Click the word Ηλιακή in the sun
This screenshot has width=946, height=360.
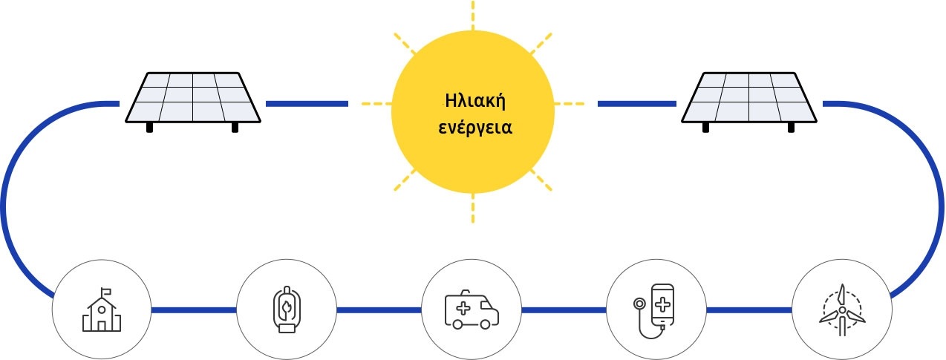click(x=475, y=101)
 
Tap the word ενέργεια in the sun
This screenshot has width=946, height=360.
click(x=475, y=128)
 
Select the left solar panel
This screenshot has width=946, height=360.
click(x=193, y=102)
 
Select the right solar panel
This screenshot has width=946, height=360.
click(x=749, y=102)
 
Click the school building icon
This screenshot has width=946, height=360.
click(x=101, y=310)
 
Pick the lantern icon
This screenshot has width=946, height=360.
click(x=287, y=310)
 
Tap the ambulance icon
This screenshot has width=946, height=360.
click(x=472, y=310)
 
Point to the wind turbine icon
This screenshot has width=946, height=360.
click(x=842, y=310)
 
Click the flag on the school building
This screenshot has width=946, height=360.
click(x=106, y=291)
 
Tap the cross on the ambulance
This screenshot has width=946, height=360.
click(x=463, y=308)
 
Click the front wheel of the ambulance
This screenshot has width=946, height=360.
click(x=486, y=324)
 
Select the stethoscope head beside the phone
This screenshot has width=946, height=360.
click(x=639, y=304)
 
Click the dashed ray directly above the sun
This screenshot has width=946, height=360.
click(x=472, y=15)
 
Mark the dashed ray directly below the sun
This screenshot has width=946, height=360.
click(x=472, y=209)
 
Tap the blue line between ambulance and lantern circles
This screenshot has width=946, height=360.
click(x=379, y=310)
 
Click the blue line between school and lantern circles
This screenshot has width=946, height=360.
click(x=193, y=310)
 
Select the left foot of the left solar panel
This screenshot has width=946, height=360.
click(x=149, y=128)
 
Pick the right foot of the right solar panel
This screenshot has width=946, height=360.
click(x=791, y=128)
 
